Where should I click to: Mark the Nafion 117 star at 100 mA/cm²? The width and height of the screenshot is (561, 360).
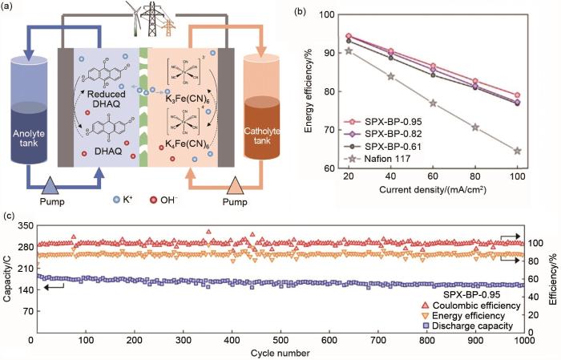[517, 151]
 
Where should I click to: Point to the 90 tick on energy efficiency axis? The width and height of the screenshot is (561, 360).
[333, 52]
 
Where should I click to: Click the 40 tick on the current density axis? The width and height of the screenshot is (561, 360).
[390, 175]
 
